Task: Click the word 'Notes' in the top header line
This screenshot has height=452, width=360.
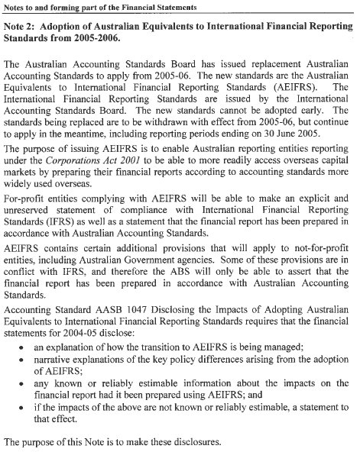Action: tap(16, 7)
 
